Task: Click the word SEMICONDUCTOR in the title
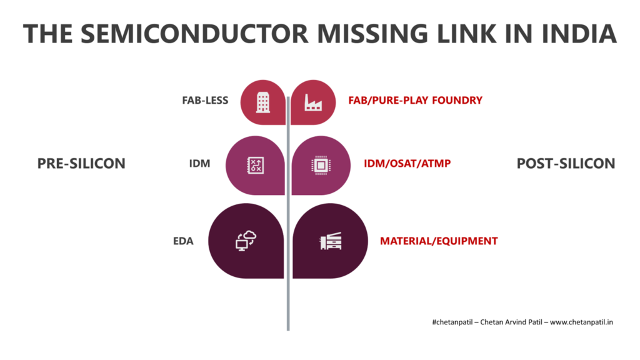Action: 194,34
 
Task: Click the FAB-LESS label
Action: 205,101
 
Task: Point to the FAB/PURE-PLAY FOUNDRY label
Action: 415,101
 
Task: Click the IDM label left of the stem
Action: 199,164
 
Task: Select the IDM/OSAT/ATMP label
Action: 407,164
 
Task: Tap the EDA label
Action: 183,241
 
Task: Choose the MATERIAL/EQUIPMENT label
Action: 439,241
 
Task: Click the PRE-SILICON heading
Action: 81,164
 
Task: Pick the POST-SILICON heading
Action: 566,164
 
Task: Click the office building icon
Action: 263,102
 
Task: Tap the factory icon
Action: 313,102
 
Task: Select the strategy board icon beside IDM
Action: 256,165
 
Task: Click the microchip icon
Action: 321,165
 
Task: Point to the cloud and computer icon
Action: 246,241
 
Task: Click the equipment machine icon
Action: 331,241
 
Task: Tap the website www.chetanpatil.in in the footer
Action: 581,322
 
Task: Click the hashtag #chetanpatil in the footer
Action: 452,322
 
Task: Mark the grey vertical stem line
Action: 288,214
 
